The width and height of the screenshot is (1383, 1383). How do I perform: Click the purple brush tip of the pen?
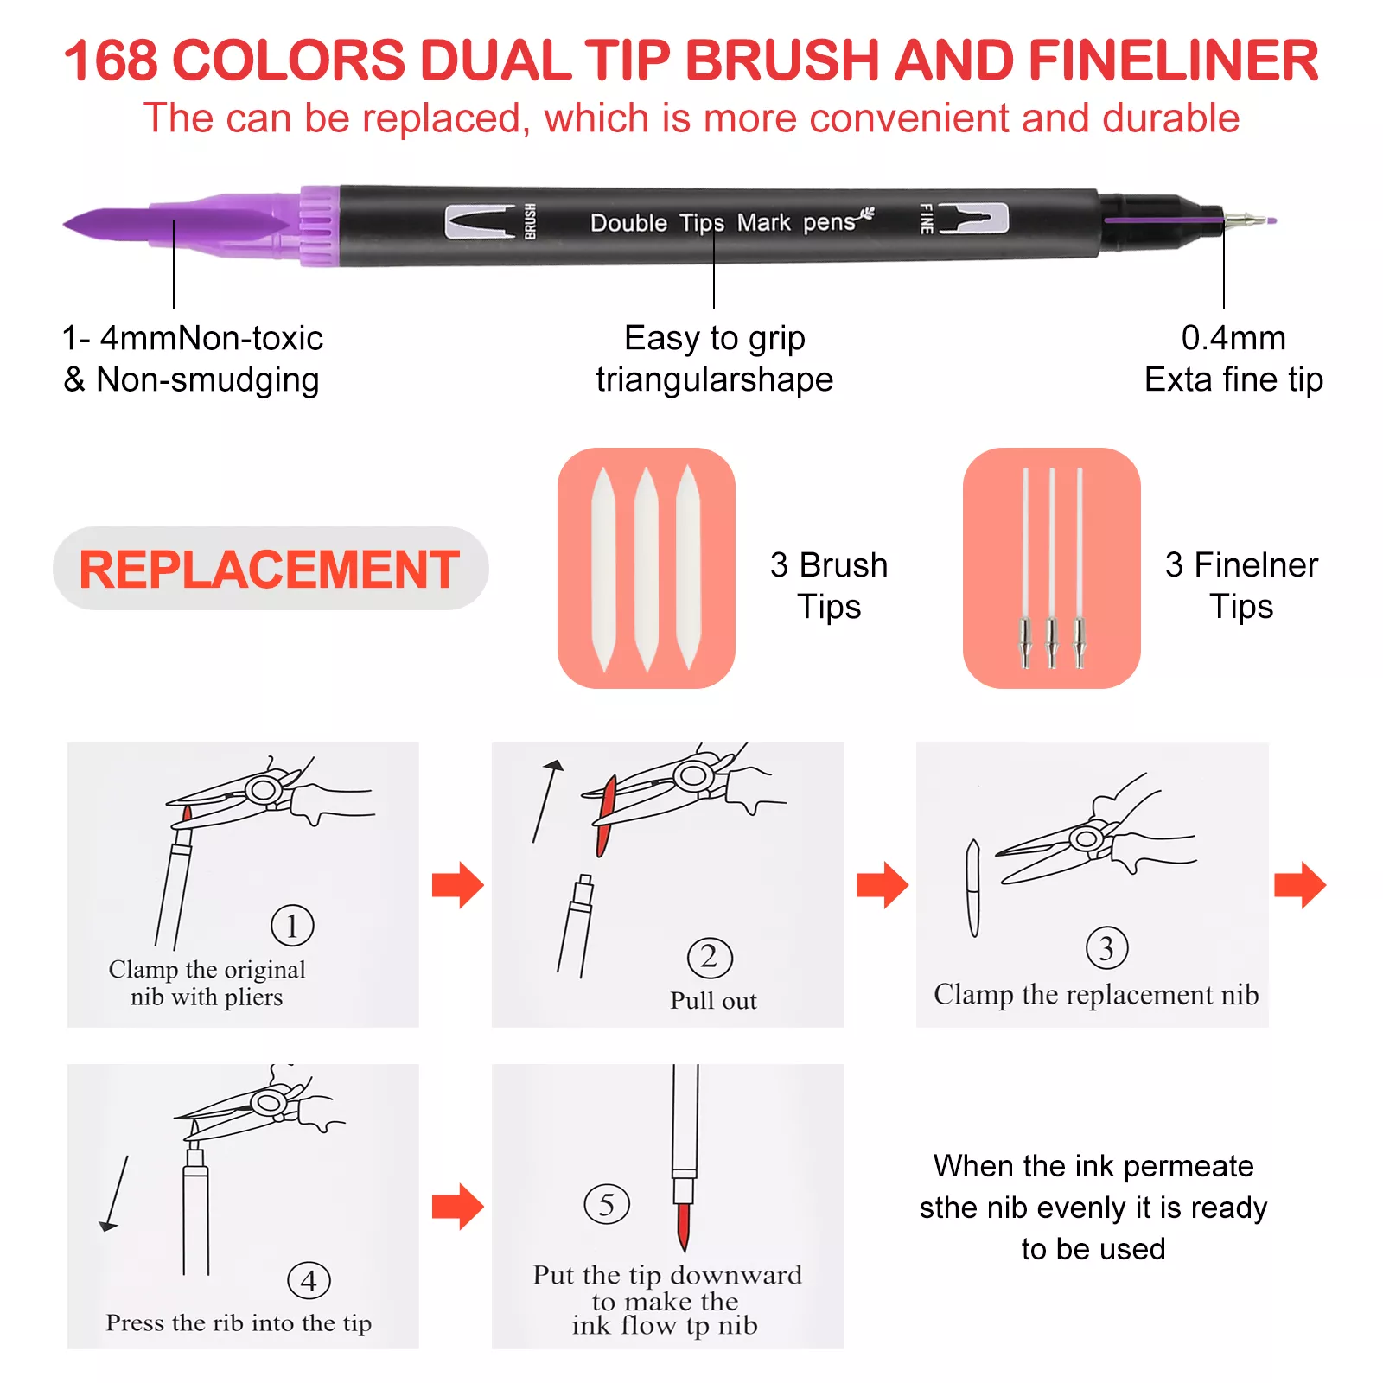173,224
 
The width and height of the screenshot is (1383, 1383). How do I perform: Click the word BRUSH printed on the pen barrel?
530,221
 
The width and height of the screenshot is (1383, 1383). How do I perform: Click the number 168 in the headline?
111,61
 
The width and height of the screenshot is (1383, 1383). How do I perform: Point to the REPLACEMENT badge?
271,569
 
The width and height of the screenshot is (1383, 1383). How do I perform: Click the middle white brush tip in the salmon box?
647,569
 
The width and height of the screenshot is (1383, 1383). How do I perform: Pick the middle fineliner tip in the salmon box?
1052,567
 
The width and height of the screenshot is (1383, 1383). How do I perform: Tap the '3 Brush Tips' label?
829,585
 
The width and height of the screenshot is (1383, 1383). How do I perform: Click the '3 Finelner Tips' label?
1241,585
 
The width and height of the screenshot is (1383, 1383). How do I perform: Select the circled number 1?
292,926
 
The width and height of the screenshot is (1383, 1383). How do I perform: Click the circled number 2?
710,958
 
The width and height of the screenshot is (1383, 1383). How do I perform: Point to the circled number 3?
1106,948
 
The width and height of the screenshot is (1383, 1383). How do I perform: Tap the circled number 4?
309,1280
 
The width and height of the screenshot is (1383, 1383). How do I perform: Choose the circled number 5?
607,1204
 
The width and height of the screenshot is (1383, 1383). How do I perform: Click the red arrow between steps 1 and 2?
457,885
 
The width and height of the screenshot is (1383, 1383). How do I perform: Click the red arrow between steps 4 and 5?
457,1207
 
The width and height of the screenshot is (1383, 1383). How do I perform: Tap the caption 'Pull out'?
713,1000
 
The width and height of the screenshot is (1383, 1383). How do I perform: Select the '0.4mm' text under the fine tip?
1233,338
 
